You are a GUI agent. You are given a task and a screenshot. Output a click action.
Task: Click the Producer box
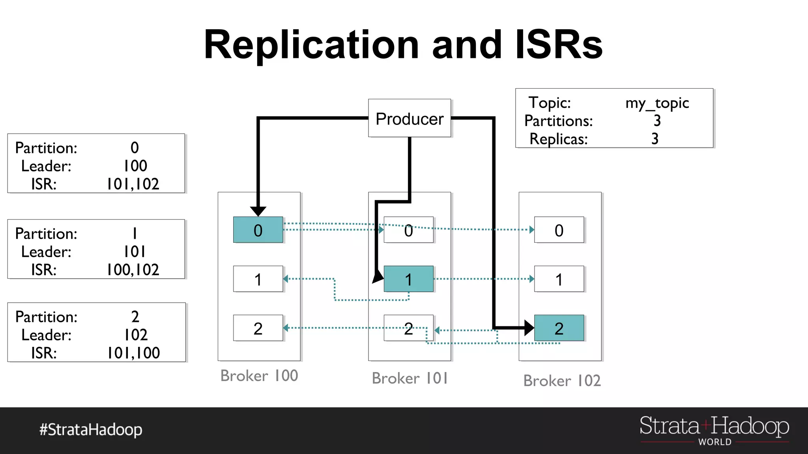point(409,118)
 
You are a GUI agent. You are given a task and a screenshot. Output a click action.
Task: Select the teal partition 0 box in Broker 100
point(258,230)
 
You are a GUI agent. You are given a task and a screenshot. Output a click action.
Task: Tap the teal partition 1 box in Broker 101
point(408,279)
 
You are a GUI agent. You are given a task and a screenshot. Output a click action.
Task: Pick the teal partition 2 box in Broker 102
point(559,328)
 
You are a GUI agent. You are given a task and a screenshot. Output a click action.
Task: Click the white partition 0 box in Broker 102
point(559,230)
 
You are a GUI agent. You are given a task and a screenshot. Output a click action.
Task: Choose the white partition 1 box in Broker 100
point(258,279)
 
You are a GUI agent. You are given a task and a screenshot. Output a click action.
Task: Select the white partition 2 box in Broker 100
point(258,328)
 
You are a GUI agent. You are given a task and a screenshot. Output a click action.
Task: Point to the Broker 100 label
point(259,376)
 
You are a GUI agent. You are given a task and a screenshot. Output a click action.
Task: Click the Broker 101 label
point(410,378)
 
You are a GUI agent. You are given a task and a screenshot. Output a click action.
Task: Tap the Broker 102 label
point(562,381)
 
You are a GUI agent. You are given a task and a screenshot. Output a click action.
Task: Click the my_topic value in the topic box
point(657,103)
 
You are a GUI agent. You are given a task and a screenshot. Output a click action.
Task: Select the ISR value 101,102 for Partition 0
point(133,184)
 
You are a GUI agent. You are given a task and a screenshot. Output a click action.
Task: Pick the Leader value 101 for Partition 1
point(135,251)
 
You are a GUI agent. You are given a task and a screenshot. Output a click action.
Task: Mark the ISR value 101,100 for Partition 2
point(133,353)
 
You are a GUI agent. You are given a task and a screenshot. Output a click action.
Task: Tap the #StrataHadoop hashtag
point(91,429)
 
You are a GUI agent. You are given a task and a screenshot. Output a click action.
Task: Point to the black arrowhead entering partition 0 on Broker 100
point(258,211)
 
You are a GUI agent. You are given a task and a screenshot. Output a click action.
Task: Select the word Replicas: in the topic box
point(558,139)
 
